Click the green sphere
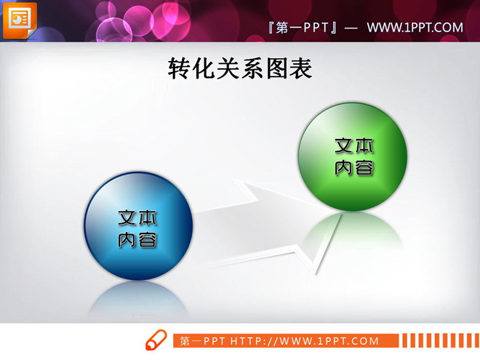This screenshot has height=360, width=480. click(353, 156)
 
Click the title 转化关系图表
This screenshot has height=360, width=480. click(240, 68)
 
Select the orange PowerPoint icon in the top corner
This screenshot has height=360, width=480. click(19, 19)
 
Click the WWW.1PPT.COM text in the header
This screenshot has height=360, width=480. click(415, 28)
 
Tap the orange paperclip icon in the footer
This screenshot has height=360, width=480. click(156, 340)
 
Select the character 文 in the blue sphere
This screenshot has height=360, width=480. click(128, 217)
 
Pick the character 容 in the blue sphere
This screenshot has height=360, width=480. click(148, 239)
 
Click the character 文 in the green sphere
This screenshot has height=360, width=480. click(345, 145)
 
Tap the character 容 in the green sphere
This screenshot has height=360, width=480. click(364, 168)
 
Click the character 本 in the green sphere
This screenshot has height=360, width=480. click(364, 145)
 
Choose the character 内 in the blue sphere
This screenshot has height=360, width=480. click(128, 239)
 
